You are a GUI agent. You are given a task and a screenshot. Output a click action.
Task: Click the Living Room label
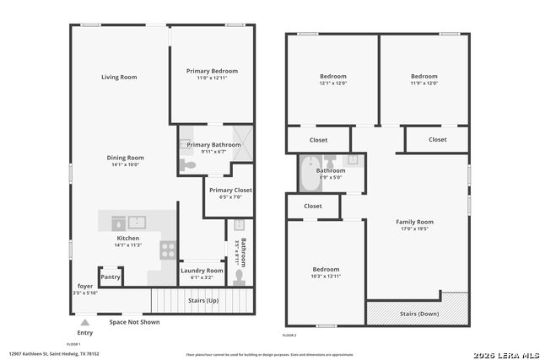tap(119, 78)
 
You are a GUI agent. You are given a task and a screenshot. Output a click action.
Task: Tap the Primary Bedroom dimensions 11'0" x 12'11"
tap(212, 78)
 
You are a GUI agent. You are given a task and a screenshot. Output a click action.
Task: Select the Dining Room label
tap(125, 158)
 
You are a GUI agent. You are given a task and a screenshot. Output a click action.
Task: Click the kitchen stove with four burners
tap(168, 250)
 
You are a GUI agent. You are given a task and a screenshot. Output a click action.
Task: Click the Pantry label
tap(111, 277)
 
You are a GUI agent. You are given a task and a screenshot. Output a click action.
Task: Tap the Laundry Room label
tap(202, 271)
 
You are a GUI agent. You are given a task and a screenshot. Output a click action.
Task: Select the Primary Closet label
tap(230, 191)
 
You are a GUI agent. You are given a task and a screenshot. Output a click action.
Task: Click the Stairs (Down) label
tap(416, 314)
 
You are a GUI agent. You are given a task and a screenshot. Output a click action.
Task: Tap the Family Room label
tap(414, 222)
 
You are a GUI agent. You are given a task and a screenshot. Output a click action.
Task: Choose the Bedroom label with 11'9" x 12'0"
tap(424, 76)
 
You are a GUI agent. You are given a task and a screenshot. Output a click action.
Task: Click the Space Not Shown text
tap(134, 322)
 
